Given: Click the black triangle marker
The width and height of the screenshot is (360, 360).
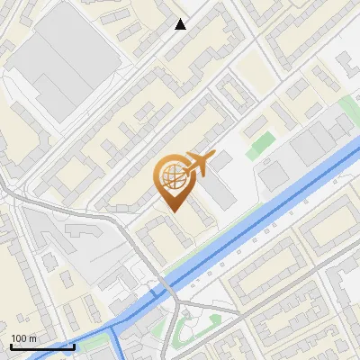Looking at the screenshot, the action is pos(181,24).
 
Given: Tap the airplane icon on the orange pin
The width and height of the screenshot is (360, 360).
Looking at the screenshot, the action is pos(198,164).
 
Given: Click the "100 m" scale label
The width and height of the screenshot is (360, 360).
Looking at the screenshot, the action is pos(23,338).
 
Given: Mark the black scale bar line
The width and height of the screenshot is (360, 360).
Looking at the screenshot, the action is pos(41,346).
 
